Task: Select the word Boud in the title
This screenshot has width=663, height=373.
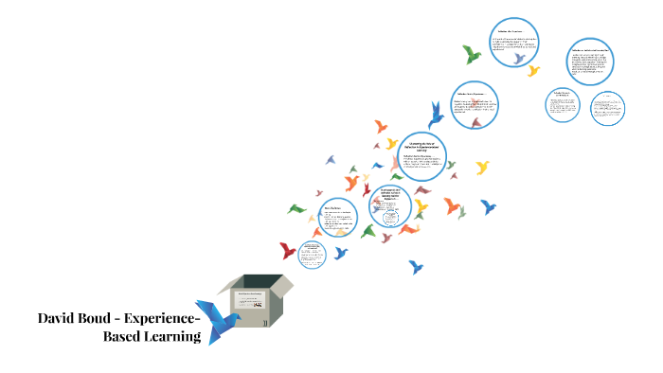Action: point(106,318)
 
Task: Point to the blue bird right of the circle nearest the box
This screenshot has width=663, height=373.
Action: point(341,253)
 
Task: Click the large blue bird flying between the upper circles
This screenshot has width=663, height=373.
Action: point(436,115)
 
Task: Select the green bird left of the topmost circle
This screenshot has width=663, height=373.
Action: point(471,53)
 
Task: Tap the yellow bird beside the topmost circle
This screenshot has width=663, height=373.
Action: point(533,70)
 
